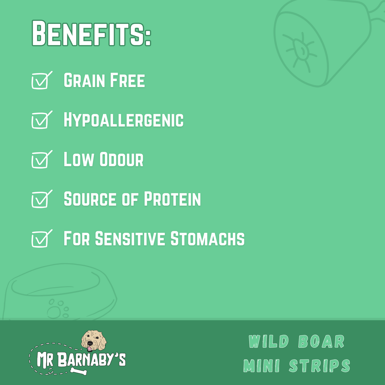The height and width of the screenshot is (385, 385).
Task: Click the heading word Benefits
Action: (91, 33)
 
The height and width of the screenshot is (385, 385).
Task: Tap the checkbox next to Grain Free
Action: (42, 80)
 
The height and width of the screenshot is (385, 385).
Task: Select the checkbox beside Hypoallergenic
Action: (42, 120)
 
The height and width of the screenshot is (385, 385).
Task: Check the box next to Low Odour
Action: (42, 159)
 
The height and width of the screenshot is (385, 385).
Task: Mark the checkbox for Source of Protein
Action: (42, 199)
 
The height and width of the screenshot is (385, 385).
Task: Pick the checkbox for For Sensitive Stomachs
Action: (42, 238)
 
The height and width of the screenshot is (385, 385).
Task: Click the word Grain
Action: (84, 80)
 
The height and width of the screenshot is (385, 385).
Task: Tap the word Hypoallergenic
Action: (124, 120)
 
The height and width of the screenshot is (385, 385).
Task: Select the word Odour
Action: (121, 159)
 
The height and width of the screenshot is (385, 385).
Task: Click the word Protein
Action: (172, 199)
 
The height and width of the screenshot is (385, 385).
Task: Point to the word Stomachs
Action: (208, 238)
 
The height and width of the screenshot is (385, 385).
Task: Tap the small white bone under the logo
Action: (79, 371)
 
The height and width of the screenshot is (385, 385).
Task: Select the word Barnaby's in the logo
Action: (91, 359)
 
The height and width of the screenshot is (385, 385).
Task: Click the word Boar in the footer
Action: (321, 342)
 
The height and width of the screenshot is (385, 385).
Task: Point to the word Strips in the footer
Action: (320, 366)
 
